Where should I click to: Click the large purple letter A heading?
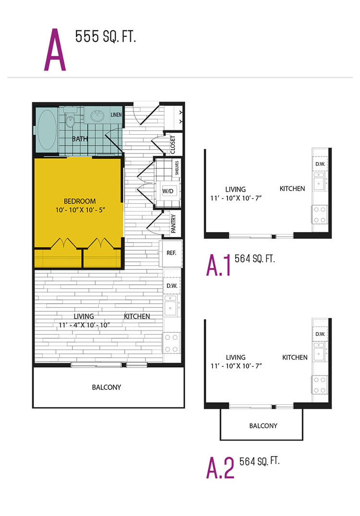55,50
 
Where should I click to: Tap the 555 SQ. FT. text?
106,36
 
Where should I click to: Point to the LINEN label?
116,115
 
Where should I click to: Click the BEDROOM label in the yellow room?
80,201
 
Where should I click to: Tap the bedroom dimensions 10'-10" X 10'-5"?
80,210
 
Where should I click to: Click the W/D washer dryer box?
168,191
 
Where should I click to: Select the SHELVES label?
177,168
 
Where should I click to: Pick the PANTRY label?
174,223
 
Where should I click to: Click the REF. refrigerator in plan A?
171,253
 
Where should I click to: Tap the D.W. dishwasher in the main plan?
172,286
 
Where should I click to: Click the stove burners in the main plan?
171,343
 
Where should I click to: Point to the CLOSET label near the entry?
173,145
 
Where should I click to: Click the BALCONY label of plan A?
107,387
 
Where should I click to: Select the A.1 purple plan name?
218,266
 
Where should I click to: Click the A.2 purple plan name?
220,468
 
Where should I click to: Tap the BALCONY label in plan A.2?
263,426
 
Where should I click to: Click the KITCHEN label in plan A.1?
292,188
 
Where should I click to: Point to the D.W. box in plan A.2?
320,334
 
